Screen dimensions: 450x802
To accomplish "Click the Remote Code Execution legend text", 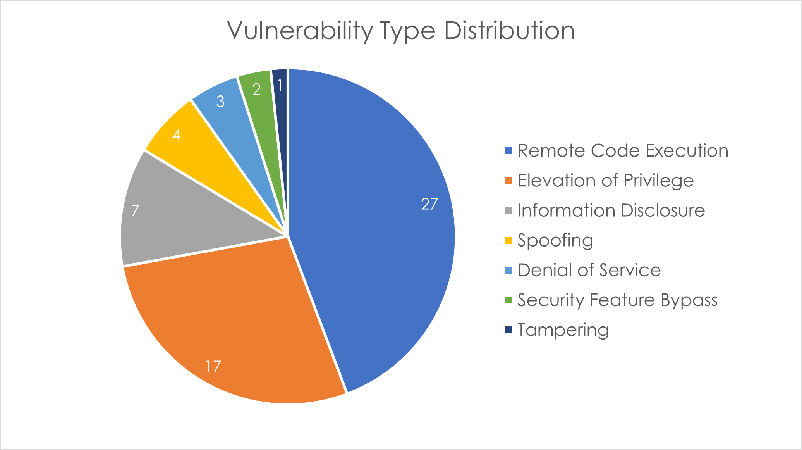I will click(623, 150).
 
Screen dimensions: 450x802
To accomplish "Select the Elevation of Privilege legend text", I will click(605, 181).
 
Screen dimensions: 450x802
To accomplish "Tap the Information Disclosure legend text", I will click(611, 210).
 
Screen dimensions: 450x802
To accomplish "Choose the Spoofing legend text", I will click(555, 240).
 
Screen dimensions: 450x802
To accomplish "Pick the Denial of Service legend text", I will click(589, 270).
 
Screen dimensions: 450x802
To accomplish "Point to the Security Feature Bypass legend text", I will click(617, 300).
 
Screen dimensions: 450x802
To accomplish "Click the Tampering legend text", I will click(563, 330).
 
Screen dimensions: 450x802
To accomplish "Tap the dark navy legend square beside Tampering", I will click(508, 330).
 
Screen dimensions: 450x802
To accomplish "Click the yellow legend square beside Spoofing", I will click(508, 240).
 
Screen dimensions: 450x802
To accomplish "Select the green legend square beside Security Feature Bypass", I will click(508, 300).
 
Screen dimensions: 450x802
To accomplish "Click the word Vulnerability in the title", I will click(300, 31).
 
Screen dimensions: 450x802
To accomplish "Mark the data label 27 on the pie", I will click(429, 204).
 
